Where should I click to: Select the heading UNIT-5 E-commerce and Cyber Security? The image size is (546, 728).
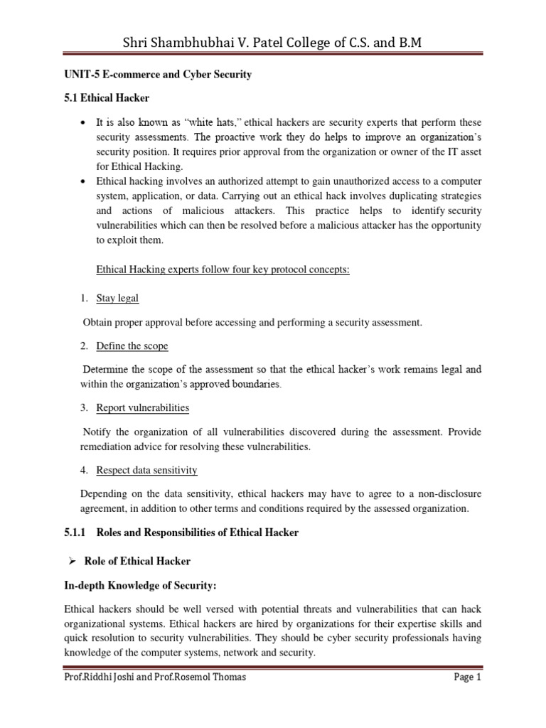coord(158,75)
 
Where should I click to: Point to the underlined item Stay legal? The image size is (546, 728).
coord(122,299)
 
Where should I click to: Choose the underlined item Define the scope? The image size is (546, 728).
coord(132,346)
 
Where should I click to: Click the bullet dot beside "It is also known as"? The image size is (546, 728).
coord(84,122)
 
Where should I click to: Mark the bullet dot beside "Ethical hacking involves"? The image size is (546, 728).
coord(84,181)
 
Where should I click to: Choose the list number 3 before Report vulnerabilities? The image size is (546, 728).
coord(82,407)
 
